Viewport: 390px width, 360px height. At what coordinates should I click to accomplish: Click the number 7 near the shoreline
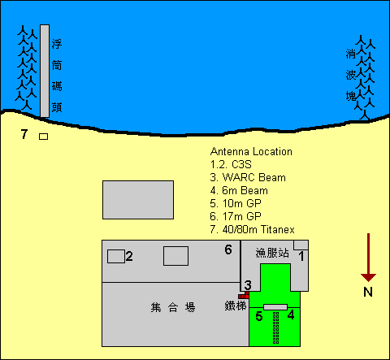(24, 134)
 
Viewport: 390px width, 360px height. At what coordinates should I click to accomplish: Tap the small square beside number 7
(43, 137)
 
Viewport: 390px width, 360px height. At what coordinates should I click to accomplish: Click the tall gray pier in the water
(45, 71)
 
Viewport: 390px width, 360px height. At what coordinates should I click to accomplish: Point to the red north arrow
(368, 258)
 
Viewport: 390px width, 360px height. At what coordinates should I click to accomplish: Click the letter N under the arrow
(368, 292)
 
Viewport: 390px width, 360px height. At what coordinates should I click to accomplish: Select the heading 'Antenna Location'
(251, 151)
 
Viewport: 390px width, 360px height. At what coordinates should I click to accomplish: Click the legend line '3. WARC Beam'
(248, 177)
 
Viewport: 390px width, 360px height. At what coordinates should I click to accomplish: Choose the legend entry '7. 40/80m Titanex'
(252, 229)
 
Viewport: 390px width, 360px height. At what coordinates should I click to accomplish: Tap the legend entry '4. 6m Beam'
(239, 190)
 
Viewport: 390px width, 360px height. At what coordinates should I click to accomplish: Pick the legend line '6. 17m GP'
(236, 216)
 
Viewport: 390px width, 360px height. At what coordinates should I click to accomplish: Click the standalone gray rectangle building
(138, 200)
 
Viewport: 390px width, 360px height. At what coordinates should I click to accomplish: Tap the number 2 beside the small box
(129, 256)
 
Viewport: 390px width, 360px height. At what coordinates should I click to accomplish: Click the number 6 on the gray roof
(228, 249)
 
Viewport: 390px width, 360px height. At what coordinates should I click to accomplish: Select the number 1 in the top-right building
(301, 256)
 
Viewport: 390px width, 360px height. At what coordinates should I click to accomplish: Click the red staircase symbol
(244, 295)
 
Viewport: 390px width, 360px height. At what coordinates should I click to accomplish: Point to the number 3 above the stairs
(248, 285)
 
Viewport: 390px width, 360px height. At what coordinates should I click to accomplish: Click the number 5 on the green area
(259, 316)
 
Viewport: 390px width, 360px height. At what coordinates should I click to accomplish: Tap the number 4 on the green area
(291, 315)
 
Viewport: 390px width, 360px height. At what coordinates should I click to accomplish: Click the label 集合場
(173, 307)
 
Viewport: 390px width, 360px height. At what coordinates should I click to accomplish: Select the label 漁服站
(272, 253)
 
